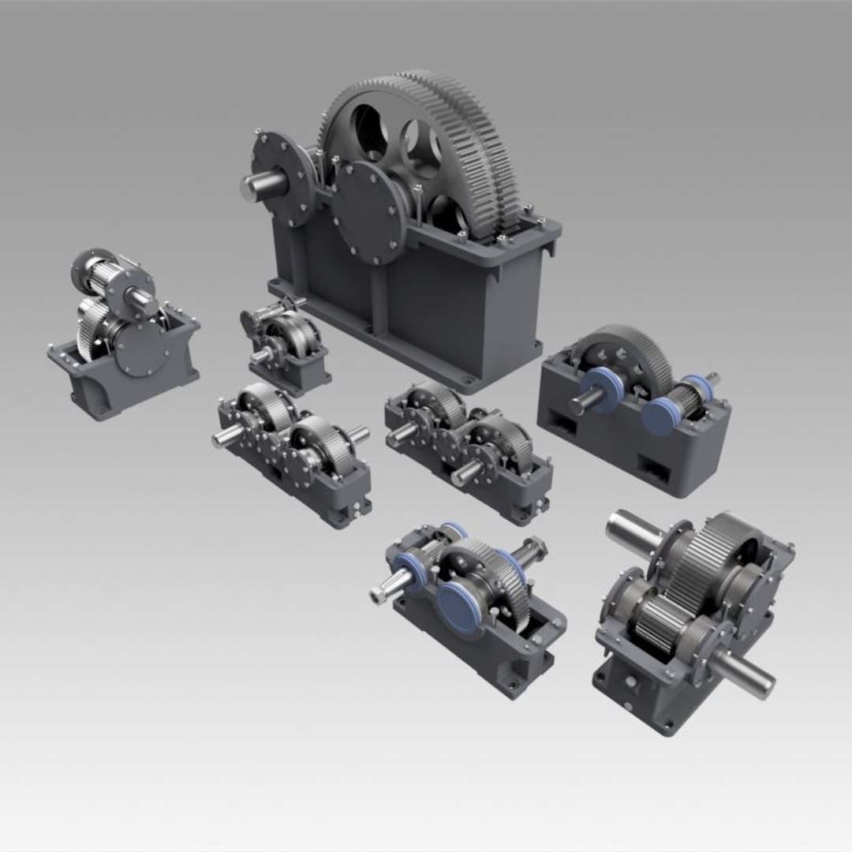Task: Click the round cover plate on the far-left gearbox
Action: [139, 348]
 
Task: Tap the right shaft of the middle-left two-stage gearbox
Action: [357, 434]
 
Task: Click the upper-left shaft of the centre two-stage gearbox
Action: [401, 432]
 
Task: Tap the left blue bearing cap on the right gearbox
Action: [603, 390]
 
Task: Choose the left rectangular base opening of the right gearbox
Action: [565, 427]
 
